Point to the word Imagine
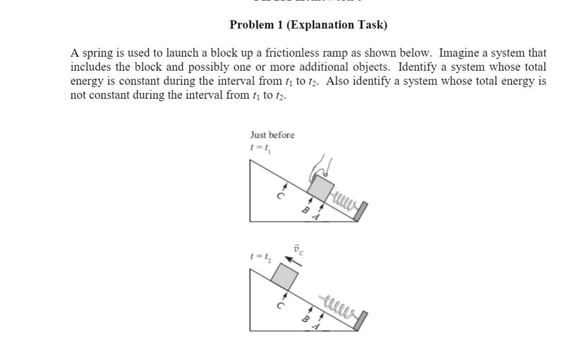click(x=456, y=53)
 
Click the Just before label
click(x=272, y=135)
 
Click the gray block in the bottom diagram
click(x=284, y=274)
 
